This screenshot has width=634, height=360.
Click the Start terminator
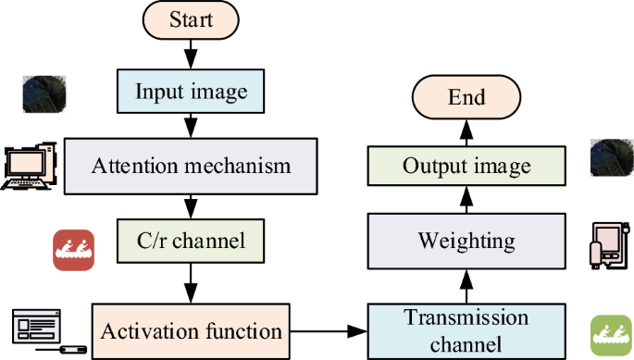pos(191,19)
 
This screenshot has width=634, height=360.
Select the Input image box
pos(191,92)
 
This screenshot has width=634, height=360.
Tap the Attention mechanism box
pos(191,166)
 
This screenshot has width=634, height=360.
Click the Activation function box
pos(191,330)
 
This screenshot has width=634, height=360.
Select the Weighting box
pos(466,242)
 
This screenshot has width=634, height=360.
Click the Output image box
pos(466,166)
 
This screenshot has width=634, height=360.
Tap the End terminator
pos(466,97)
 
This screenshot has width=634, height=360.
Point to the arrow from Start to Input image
pos(191,54)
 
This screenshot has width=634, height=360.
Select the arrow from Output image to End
pos(466,131)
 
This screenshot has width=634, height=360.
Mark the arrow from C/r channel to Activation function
pos(191,279)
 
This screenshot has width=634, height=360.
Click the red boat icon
pos(73,250)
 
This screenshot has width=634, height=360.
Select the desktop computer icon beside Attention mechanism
pos(31,167)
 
